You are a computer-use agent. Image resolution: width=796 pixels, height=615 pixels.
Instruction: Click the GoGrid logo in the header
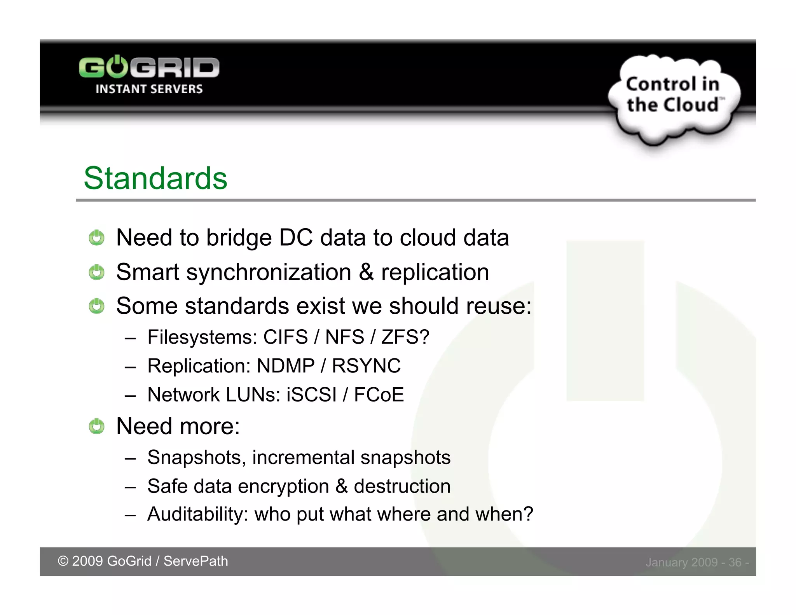tap(149, 68)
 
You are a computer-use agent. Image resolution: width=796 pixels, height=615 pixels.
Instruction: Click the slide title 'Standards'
tap(155, 178)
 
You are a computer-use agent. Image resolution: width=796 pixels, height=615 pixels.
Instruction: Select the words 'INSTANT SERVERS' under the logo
tap(149, 89)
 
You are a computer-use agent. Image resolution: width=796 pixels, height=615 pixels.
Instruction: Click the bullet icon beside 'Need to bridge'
tap(96, 238)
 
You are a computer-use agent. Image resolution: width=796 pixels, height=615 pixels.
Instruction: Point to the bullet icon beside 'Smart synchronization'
tap(96, 272)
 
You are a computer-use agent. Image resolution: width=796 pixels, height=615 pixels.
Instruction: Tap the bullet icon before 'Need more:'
tap(96, 426)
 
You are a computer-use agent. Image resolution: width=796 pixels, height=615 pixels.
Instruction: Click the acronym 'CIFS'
tap(286, 337)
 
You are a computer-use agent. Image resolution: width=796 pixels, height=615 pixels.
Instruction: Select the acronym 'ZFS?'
tap(405, 337)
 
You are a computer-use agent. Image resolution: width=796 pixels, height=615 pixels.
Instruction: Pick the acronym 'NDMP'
tap(286, 366)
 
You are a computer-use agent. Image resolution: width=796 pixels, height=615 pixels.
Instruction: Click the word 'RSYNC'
tap(366, 366)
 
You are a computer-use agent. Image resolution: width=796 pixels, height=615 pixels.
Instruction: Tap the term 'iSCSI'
tap(311, 395)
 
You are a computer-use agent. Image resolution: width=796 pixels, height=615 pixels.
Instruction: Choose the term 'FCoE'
tap(379, 395)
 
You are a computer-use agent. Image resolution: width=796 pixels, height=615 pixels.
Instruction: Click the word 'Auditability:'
tap(198, 514)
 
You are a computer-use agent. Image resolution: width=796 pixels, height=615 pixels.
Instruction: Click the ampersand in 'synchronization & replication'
tap(366, 272)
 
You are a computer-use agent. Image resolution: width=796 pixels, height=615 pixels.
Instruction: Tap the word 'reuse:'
tap(499, 306)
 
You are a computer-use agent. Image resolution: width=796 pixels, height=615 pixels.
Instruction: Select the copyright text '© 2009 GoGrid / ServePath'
tap(143, 561)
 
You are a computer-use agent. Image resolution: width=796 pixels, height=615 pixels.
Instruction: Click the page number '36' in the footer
tap(735, 562)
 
